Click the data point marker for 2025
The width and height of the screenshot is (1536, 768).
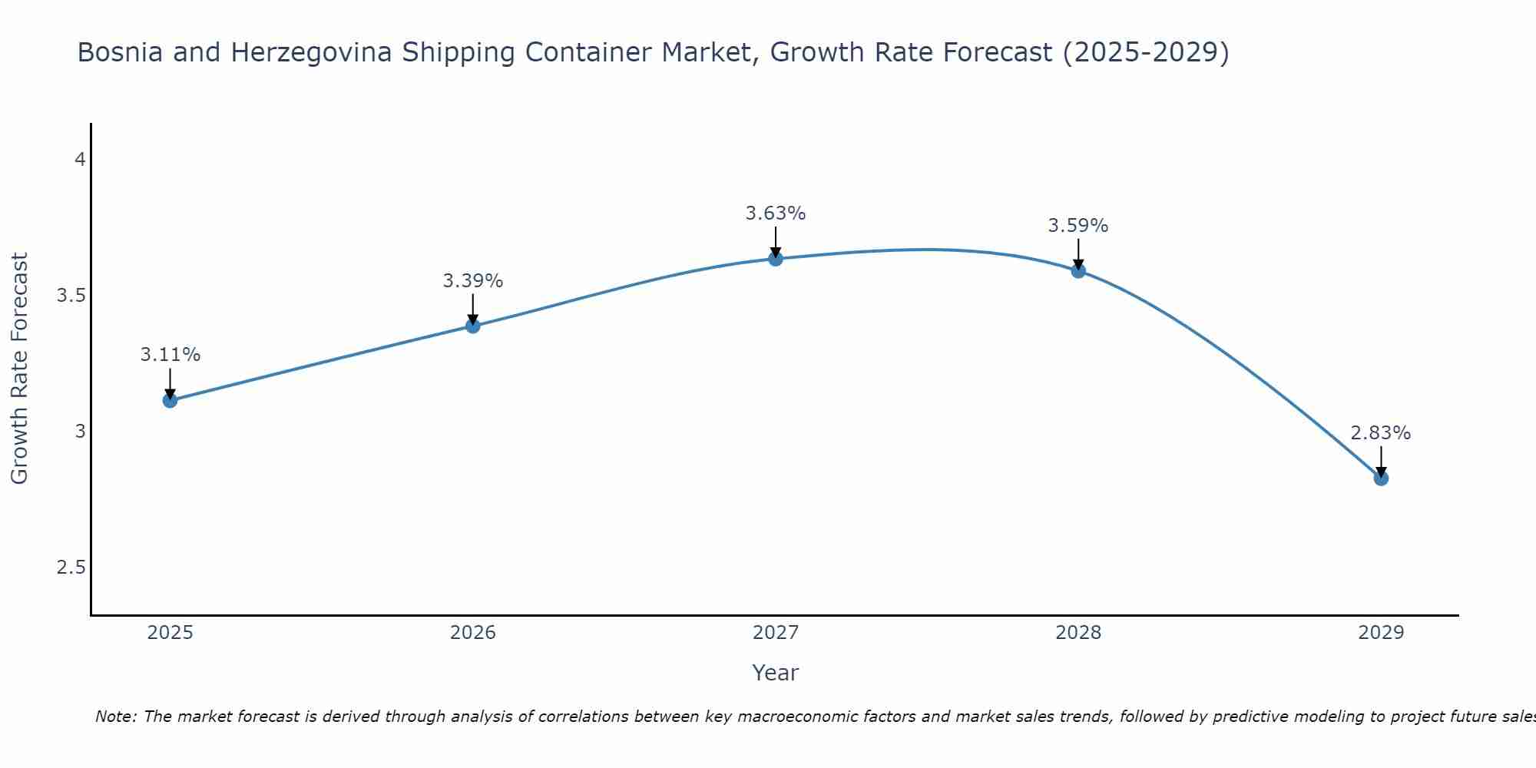(170, 400)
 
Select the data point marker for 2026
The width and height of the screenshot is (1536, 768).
(472, 326)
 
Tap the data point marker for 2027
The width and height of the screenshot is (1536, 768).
(775, 259)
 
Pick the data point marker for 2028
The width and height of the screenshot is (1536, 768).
(1078, 270)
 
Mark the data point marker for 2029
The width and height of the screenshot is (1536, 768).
(1380, 478)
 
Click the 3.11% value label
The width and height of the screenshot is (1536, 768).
(170, 355)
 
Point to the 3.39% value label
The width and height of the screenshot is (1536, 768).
(472, 281)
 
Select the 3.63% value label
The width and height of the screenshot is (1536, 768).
(775, 214)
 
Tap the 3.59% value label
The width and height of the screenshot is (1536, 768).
(1078, 226)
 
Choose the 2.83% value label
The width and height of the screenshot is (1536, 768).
(1380, 433)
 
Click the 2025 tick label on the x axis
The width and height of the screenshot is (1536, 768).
(170, 633)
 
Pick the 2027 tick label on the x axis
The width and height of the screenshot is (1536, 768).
(775, 633)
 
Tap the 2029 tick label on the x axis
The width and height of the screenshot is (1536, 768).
(1380, 633)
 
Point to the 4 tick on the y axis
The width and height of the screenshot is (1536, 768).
(79, 160)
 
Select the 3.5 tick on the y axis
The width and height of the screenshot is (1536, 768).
(71, 296)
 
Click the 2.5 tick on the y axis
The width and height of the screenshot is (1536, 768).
(71, 568)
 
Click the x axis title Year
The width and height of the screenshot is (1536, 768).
(775, 673)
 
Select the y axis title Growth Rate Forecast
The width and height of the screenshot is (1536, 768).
(19, 369)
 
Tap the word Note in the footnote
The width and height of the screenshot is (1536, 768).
(115, 717)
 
